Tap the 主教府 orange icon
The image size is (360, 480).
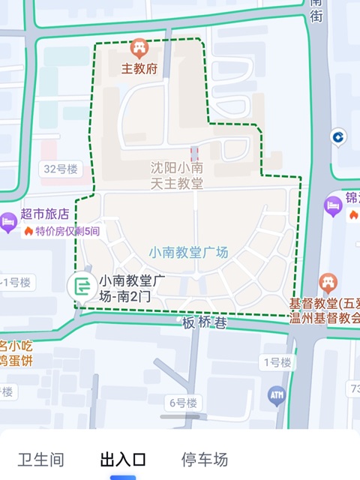(x=139, y=49)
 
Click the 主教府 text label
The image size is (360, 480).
(x=139, y=69)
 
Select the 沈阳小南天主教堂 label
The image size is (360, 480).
(x=176, y=175)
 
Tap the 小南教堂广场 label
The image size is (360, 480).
(x=188, y=253)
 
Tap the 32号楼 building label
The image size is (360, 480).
(x=61, y=169)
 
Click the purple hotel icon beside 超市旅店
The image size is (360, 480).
(x=8, y=222)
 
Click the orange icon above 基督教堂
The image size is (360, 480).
(x=328, y=283)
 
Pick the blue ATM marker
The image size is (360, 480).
(x=277, y=394)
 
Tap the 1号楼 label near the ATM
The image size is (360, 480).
(x=276, y=363)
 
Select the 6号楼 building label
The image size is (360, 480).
(x=183, y=403)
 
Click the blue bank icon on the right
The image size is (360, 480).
(x=338, y=136)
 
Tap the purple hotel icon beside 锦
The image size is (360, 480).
(x=333, y=205)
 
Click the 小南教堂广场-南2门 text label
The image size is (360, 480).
(x=132, y=288)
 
